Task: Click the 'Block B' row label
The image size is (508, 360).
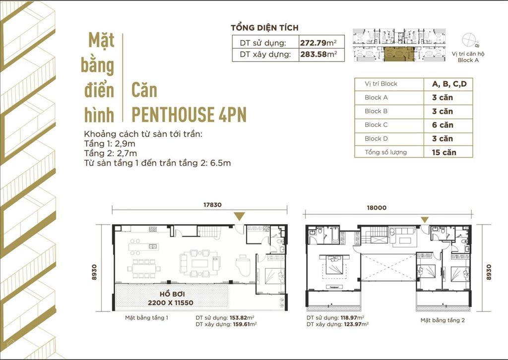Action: point(376,111)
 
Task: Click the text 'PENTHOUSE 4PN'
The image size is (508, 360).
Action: point(189,115)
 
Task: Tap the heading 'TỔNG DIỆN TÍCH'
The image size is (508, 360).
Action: point(265,28)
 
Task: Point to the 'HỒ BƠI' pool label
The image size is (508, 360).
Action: point(172,293)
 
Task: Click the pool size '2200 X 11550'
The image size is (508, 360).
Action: point(172,302)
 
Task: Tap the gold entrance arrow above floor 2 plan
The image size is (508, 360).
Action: point(425,219)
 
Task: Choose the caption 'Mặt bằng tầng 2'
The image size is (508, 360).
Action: point(442,320)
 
